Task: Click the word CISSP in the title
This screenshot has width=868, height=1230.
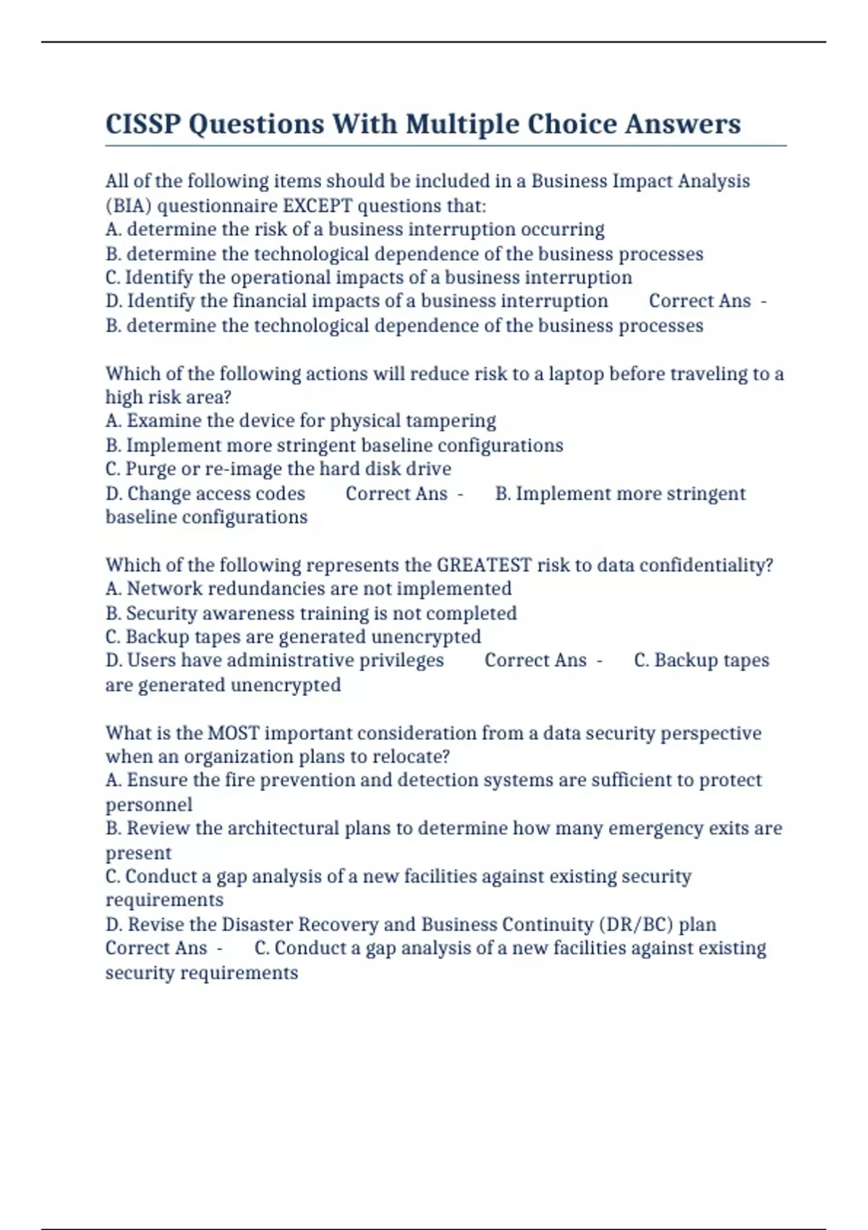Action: (x=142, y=124)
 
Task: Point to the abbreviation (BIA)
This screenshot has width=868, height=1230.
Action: (x=128, y=206)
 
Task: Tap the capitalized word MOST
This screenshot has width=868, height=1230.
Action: (x=233, y=733)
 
